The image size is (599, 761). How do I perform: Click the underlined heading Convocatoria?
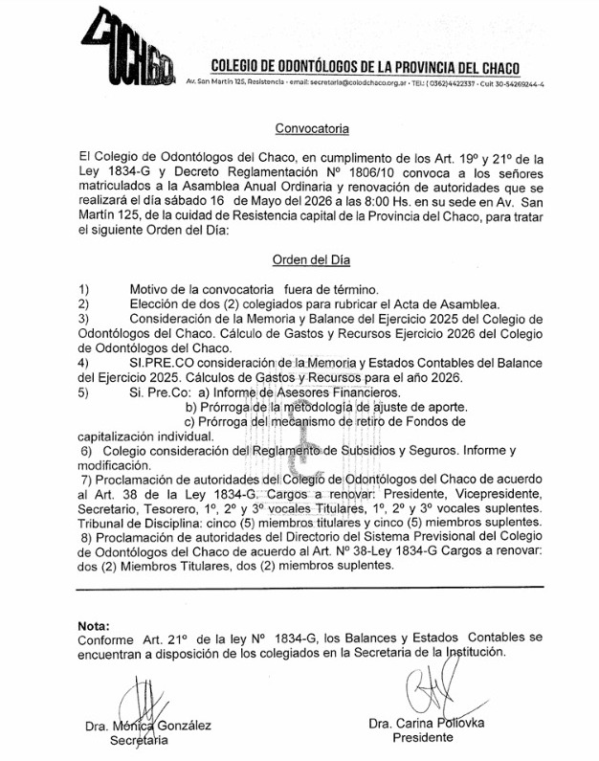click(x=312, y=127)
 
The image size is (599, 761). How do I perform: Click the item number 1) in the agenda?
click(x=85, y=289)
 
